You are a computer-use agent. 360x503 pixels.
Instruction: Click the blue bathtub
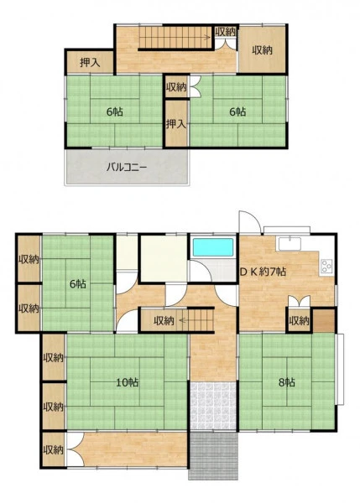click(x=213, y=247)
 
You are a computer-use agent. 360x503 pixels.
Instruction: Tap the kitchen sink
click(x=290, y=244)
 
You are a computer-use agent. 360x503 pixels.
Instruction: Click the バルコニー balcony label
click(x=127, y=167)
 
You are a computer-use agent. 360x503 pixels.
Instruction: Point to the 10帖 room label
click(x=127, y=382)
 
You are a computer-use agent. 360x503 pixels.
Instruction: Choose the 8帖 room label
click(x=286, y=382)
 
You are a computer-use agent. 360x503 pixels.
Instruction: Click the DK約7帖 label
click(x=263, y=272)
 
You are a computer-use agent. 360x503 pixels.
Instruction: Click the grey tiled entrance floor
click(x=213, y=406)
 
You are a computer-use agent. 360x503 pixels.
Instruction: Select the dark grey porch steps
click(x=213, y=455)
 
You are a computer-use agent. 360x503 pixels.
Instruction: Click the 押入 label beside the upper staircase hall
click(x=90, y=63)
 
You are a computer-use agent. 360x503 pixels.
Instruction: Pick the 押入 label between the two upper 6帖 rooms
click(x=176, y=124)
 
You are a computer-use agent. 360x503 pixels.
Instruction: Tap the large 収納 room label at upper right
click(x=262, y=50)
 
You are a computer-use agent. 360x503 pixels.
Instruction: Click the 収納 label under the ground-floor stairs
click(x=164, y=320)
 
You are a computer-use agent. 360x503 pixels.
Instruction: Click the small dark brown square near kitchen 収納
click(x=324, y=320)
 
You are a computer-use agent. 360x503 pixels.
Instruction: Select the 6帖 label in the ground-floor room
click(x=77, y=284)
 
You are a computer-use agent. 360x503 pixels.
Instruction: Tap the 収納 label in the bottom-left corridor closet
click(x=54, y=449)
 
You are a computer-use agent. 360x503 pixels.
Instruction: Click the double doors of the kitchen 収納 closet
click(x=299, y=302)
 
